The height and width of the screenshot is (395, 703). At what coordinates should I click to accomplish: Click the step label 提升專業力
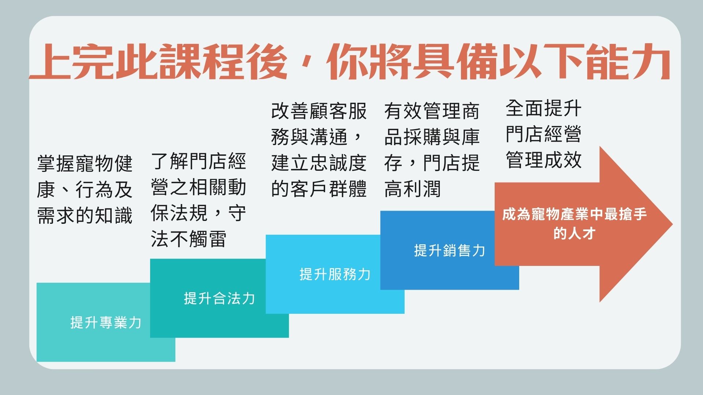[x=106, y=323]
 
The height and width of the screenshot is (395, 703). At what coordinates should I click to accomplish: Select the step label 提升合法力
[x=219, y=298]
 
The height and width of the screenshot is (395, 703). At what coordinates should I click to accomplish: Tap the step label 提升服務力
[x=335, y=274]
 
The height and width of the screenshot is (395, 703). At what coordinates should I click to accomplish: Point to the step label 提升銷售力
[x=450, y=251]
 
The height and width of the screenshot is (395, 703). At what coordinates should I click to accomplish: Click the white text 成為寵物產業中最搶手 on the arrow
[x=574, y=214]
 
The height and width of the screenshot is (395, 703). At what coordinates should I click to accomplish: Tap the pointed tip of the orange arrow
[x=672, y=224]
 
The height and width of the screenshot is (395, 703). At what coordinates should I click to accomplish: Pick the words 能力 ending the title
[x=628, y=61]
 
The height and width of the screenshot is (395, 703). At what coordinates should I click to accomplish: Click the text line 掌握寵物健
[x=85, y=163]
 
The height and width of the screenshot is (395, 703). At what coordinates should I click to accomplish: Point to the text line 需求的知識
[x=85, y=215]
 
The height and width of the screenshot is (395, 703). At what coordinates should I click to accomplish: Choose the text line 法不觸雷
[x=189, y=239]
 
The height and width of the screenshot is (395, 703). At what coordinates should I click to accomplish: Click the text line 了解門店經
[x=198, y=161]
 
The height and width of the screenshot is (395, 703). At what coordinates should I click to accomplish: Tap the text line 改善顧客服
[x=319, y=111]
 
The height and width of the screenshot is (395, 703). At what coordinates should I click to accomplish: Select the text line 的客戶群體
[x=319, y=189]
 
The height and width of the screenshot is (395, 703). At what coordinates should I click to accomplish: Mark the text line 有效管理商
[x=432, y=111]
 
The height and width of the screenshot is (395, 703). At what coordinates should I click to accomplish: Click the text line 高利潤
[x=413, y=189]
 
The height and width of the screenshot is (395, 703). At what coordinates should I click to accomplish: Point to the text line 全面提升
[x=544, y=108]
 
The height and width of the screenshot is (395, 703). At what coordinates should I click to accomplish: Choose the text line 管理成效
[x=544, y=160]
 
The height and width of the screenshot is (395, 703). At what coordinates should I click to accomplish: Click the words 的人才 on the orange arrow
[x=574, y=233]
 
